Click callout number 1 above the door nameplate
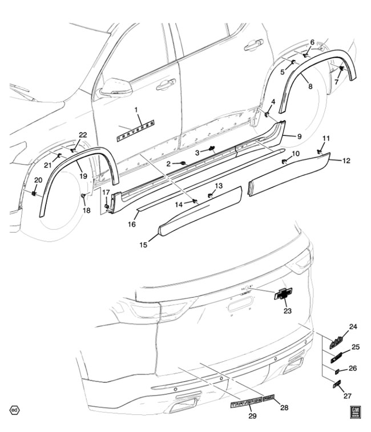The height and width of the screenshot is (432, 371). pyautogui.click(x=136, y=109)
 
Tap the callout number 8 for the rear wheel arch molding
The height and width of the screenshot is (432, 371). pyautogui.click(x=310, y=86)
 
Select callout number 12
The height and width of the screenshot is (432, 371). pyautogui.click(x=346, y=161)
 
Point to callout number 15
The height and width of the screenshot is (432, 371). pyautogui.click(x=143, y=245)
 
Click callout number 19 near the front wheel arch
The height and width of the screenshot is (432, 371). pyautogui.click(x=83, y=177)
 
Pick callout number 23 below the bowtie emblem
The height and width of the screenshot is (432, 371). pyautogui.click(x=287, y=311)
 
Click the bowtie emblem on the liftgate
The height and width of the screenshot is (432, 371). pyautogui.click(x=283, y=294)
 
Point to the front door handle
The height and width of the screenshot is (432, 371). pyautogui.click(x=166, y=85)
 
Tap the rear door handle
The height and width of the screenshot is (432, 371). pyautogui.click(x=253, y=45)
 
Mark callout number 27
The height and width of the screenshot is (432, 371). pyautogui.click(x=348, y=395)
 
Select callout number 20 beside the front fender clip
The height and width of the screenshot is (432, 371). pyautogui.click(x=38, y=181)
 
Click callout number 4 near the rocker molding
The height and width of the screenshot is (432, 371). pyautogui.click(x=273, y=102)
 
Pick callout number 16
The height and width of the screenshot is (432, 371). pyautogui.click(x=132, y=225)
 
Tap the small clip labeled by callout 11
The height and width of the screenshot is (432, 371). pyautogui.click(x=319, y=151)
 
